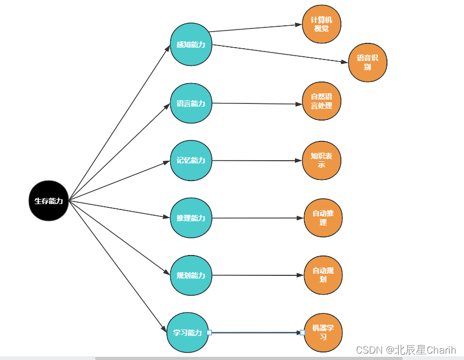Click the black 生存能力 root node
pyautogui.click(x=49, y=201)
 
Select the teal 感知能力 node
pyautogui.click(x=191, y=44)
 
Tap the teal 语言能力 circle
pyautogui.click(x=191, y=103)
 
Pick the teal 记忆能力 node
pyautogui.click(x=191, y=160)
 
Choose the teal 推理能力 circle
pyautogui.click(x=191, y=218)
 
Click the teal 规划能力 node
pyautogui.click(x=191, y=275)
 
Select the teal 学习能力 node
pyautogui.click(x=187, y=333)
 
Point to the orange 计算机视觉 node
pyautogui.click(x=322, y=24)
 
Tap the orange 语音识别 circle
pyautogui.click(x=368, y=62)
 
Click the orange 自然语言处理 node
pyautogui.click(x=322, y=101)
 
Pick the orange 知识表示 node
pyautogui.click(x=322, y=160)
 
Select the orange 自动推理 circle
pyautogui.click(x=323, y=217)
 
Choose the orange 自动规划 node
pyautogui.click(x=323, y=275)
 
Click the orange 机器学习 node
pyautogui.click(x=323, y=332)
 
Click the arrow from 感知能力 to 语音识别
pyautogui.click(x=278, y=54)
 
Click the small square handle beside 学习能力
pyautogui.click(x=209, y=333)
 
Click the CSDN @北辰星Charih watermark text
pyautogui.click(x=405, y=350)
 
